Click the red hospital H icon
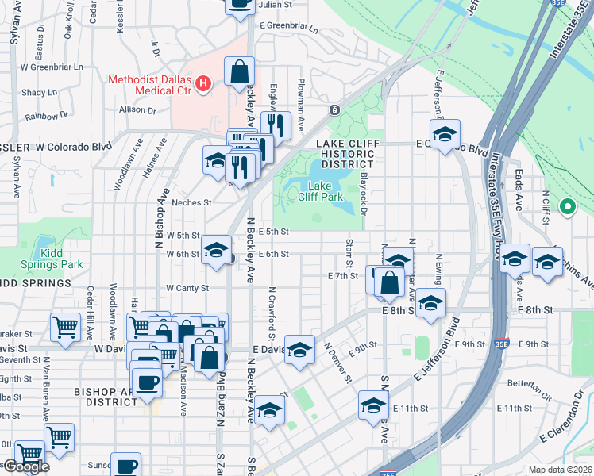pyautogui.click(x=203, y=83)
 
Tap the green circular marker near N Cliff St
pyautogui.click(x=567, y=207)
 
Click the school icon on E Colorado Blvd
pyautogui.click(x=445, y=134)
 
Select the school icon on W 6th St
pyautogui.click(x=214, y=250)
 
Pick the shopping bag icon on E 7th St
pyautogui.click(x=389, y=282)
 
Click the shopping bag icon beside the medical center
pyautogui.click(x=239, y=72)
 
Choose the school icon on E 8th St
pyautogui.click(x=430, y=303)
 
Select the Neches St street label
pyautogui.click(x=191, y=202)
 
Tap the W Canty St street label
pyautogui.click(x=187, y=288)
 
